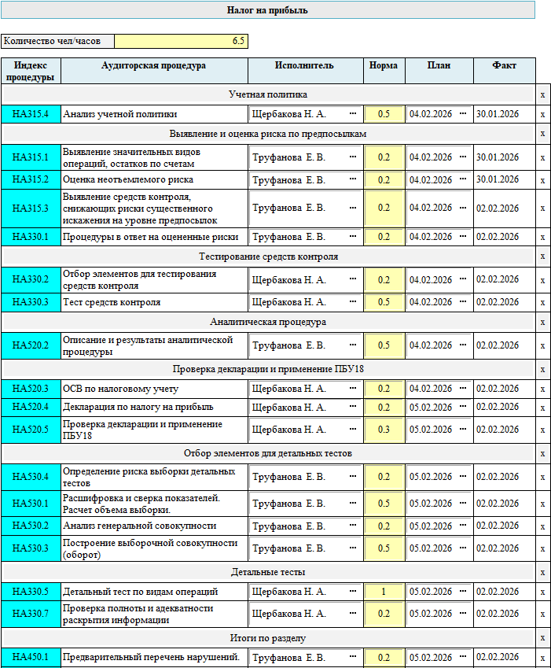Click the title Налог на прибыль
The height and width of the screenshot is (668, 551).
pos(267,10)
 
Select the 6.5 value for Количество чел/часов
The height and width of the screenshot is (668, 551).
pos(181,41)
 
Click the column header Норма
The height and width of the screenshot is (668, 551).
pos(384,66)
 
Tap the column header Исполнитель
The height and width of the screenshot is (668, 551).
pos(305,66)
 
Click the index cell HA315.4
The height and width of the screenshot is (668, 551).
pos(31,114)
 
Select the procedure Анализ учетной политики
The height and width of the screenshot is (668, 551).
pos(119,114)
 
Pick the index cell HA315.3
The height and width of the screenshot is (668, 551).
pos(31,209)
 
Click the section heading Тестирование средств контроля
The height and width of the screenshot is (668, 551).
pos(268,256)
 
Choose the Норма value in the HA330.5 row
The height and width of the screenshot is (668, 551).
pos(384,592)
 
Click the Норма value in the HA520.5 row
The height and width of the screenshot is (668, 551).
pos(384,430)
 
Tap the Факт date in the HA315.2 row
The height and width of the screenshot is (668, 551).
pos(497,179)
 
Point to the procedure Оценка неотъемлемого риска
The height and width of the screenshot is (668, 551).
pos(127,180)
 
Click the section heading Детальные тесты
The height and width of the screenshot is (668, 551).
pos(268,572)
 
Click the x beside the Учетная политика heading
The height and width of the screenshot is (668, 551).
pos(542,95)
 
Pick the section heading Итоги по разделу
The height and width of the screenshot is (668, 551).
pos(268,638)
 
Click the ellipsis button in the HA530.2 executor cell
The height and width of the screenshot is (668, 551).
pos(352,526)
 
